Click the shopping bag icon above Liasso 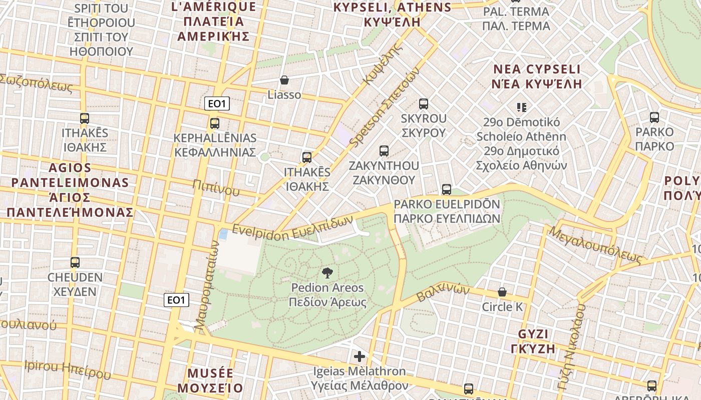click(284, 80)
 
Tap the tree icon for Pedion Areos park click(327, 273)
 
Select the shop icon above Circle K click(502, 292)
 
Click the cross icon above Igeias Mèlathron click(360, 356)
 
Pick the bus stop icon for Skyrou click(424, 104)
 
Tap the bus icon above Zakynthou click(384, 150)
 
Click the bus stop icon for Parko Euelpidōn click(447, 189)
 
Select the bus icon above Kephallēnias click(215, 123)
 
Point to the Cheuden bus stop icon click(75, 262)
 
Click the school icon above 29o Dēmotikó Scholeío click(521, 107)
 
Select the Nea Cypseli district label click(537, 76)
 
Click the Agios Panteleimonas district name click(70, 190)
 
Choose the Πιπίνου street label click(215, 187)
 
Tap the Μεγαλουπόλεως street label click(595, 245)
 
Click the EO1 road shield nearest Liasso click(217, 104)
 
